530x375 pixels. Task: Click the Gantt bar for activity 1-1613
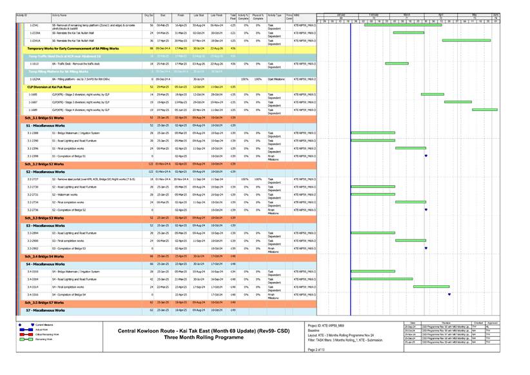point(397,64)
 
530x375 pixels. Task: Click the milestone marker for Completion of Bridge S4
point(449,294)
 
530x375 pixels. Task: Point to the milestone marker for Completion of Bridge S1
point(426,156)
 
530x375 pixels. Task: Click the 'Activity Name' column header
point(60,14)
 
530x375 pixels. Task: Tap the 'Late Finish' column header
point(216,14)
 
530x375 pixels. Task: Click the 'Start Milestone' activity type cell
point(275,79)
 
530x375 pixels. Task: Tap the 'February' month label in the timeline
point(374,14)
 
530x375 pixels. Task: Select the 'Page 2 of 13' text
point(316,349)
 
